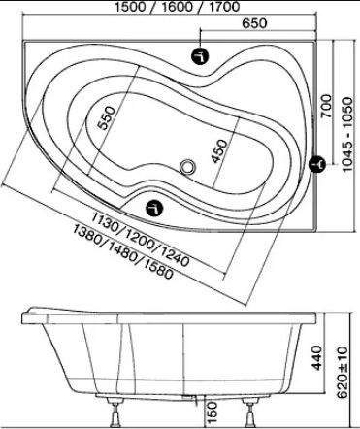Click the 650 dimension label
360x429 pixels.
254,23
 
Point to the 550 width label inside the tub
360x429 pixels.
107,118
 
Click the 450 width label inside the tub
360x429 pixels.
218,151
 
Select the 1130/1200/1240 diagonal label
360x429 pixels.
140,239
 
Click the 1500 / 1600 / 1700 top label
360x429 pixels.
178,7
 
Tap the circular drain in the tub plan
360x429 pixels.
187,167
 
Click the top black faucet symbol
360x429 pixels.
200,56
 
